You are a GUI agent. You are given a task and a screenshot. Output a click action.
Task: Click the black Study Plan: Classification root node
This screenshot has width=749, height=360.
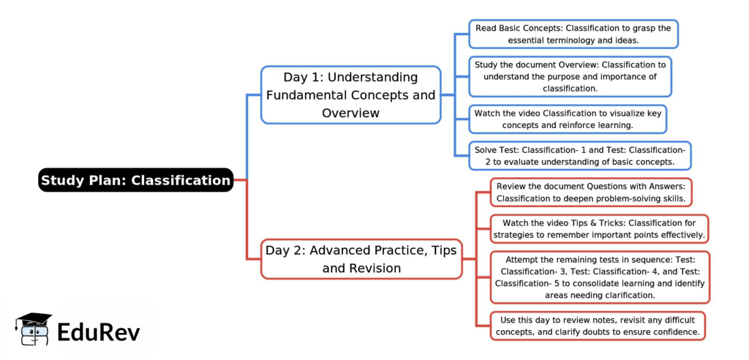point(135,180)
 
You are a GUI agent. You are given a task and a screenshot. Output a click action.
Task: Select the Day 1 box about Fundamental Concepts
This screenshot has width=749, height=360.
point(350,95)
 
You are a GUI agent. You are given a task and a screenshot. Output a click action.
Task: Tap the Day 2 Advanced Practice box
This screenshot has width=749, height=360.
point(361,259)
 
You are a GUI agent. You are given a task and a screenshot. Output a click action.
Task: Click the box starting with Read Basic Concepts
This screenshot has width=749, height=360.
point(573,34)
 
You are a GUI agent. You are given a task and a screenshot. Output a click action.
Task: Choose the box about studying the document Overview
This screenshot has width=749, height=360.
point(570,76)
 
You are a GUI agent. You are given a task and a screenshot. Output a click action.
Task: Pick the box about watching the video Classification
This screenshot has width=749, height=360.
point(568,119)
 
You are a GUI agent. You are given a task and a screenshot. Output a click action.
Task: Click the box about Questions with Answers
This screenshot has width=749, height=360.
point(590,192)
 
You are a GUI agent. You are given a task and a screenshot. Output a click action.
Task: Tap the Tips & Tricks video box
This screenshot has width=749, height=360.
point(598,228)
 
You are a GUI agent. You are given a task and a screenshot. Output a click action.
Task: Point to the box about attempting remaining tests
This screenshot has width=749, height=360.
point(599,277)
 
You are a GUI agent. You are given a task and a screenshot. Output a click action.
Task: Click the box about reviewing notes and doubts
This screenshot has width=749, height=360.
point(598,326)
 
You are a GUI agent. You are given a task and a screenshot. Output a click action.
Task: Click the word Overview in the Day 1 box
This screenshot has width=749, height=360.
point(350,113)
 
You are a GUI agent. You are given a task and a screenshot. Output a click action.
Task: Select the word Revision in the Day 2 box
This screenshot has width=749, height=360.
point(375,269)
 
